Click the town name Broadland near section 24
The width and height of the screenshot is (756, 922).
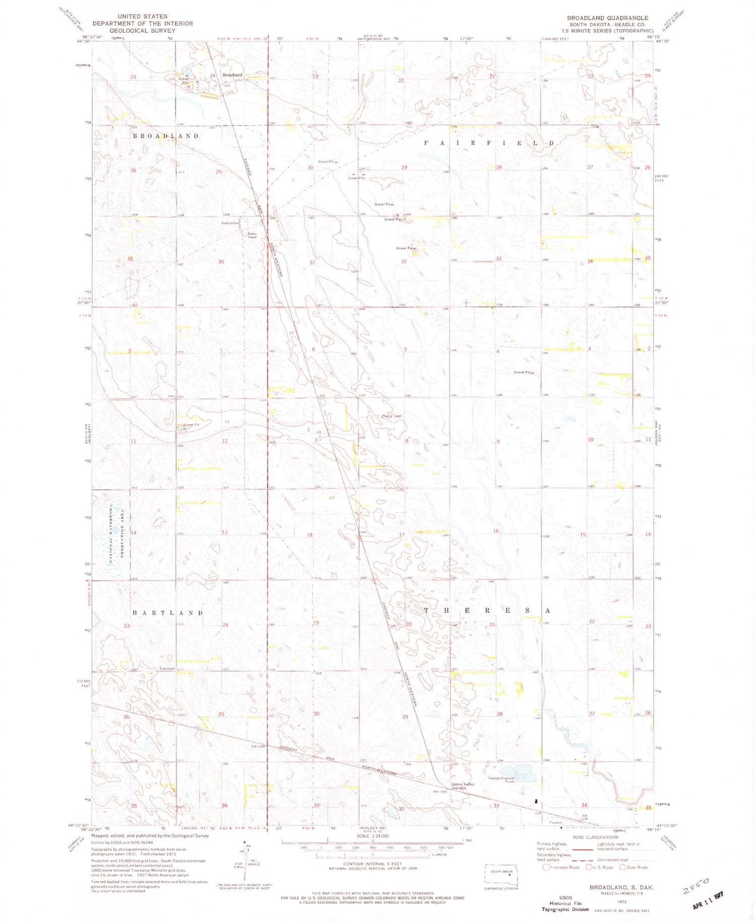click(x=232, y=75)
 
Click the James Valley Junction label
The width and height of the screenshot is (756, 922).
click(x=462, y=786)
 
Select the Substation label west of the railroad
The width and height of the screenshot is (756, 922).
click(x=230, y=222)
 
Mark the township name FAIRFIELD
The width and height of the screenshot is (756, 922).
click(x=488, y=143)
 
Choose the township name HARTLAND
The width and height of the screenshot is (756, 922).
click(x=167, y=613)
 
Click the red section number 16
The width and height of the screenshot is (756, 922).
click(x=496, y=531)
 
